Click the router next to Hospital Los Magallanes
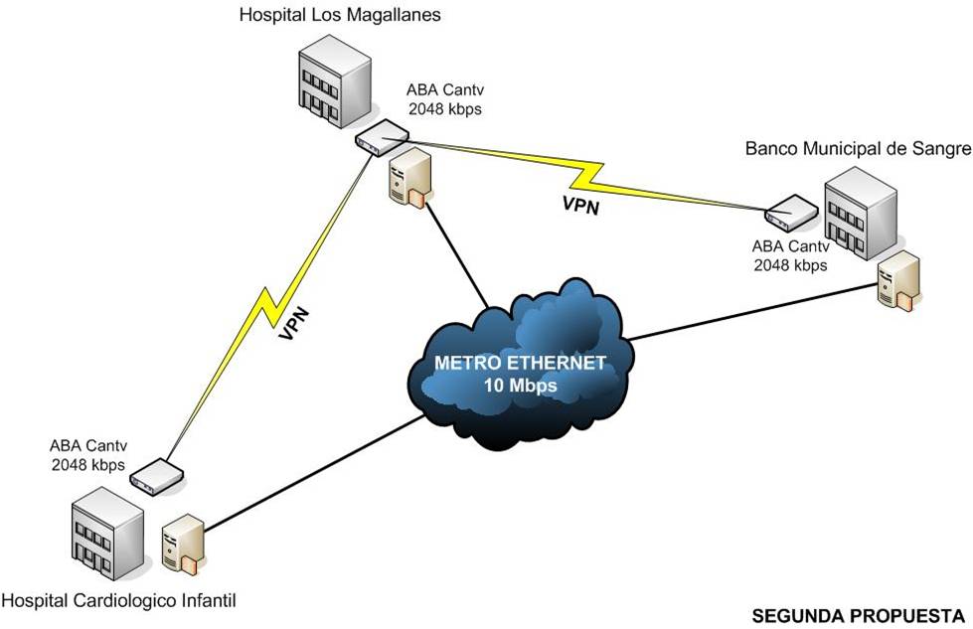pos(383,137)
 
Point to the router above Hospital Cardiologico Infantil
pos(157,476)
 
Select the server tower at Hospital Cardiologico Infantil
pos(185,548)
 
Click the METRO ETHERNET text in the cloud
pos(520,363)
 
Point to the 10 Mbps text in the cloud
pos(520,384)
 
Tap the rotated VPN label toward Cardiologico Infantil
pos(294,324)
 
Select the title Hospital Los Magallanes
pos(340,15)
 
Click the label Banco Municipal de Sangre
pos(857,148)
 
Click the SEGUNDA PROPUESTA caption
pos(858,614)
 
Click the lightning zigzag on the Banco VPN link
pos(586,177)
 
